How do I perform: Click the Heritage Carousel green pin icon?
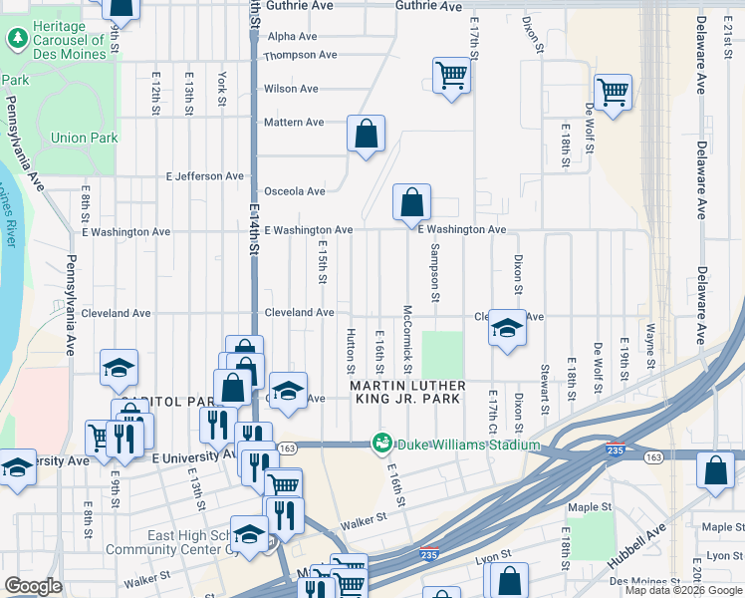click(x=17, y=39)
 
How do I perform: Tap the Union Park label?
click(x=85, y=139)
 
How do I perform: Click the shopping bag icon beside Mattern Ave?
click(x=366, y=133)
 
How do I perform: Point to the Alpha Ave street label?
click(x=292, y=36)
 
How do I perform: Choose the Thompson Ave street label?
click(x=300, y=55)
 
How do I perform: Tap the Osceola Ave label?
click(x=294, y=191)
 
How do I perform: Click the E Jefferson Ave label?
click(x=205, y=176)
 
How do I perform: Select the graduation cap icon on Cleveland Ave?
click(x=507, y=329)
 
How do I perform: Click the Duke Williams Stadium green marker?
click(x=380, y=443)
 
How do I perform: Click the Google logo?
click(x=33, y=586)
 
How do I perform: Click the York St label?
click(x=222, y=90)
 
